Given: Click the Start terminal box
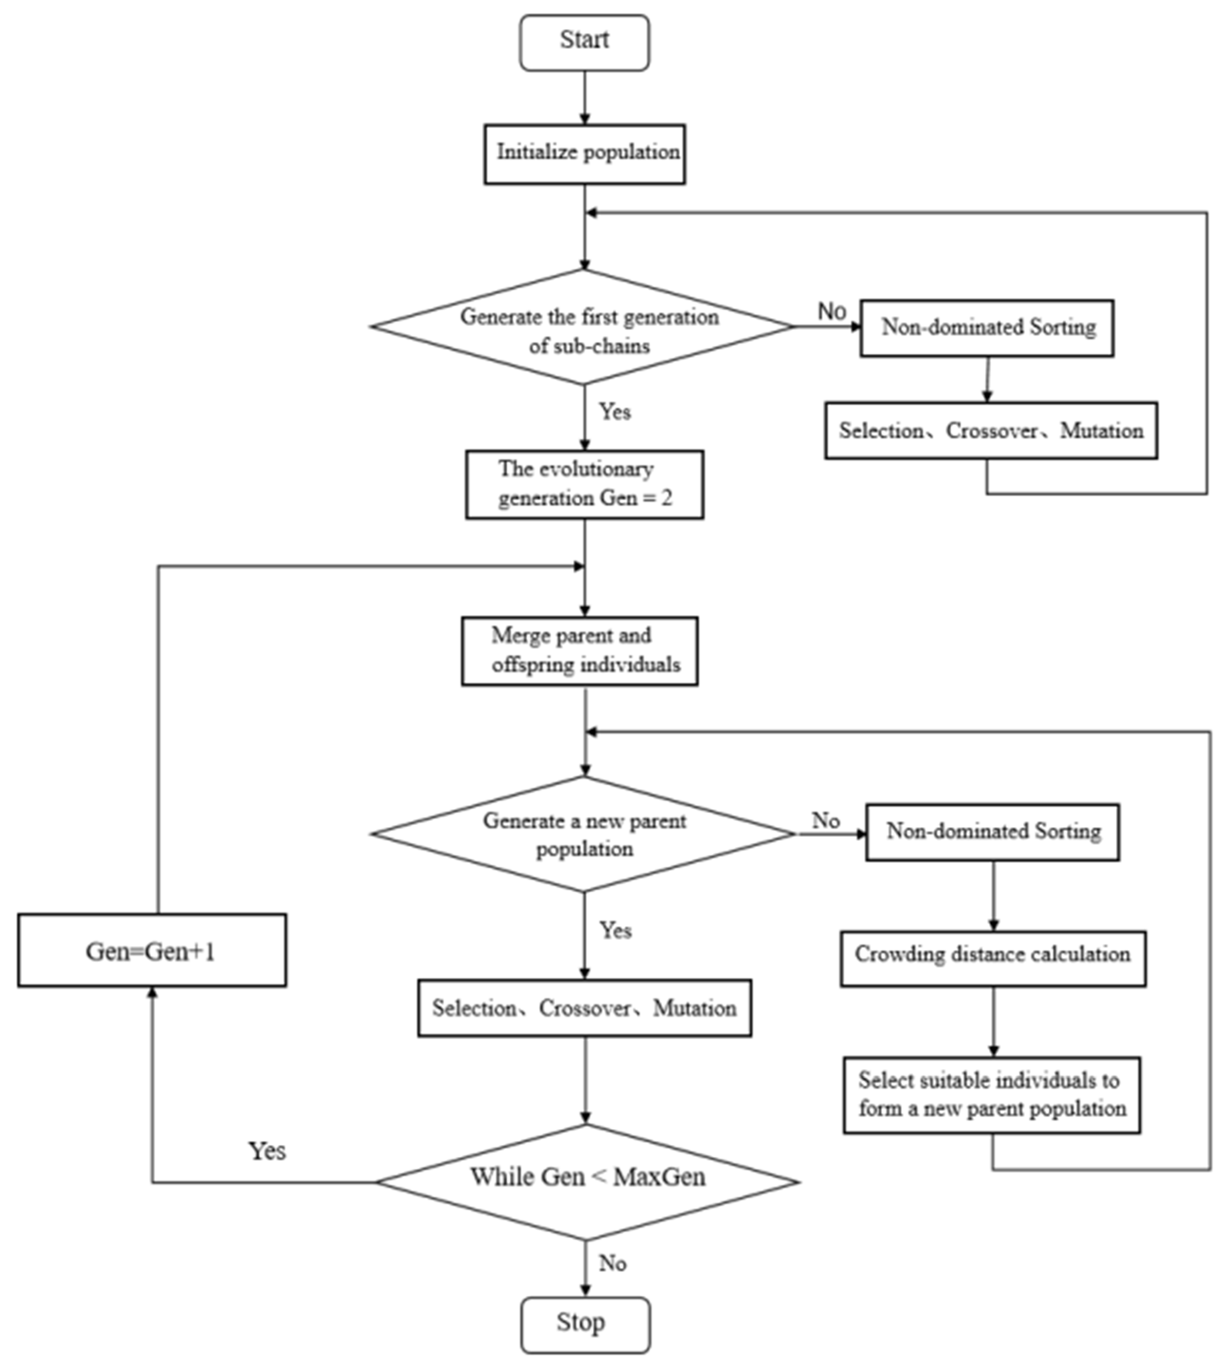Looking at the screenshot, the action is click(x=584, y=42).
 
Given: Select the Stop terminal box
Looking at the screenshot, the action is click(x=586, y=1325).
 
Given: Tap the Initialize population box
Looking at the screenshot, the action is click(x=585, y=154).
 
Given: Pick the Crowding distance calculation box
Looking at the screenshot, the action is click(x=993, y=958).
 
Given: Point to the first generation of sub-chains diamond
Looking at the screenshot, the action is click(x=583, y=327).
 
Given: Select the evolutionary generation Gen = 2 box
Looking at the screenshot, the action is click(x=585, y=484).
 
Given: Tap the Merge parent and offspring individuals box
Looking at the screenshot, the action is click(x=579, y=651).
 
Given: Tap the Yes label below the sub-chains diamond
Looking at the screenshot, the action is click(x=615, y=411).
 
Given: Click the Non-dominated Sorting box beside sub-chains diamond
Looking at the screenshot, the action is click(x=987, y=328).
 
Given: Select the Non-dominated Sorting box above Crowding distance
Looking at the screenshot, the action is click(x=992, y=832).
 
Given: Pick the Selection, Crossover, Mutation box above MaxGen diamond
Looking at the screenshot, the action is click(x=584, y=1008).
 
